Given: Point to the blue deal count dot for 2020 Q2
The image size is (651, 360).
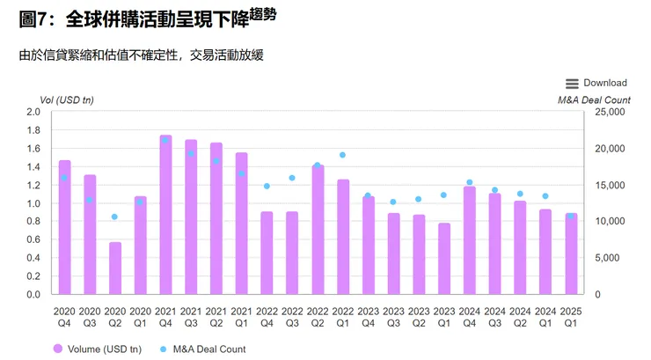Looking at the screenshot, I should (x=114, y=217).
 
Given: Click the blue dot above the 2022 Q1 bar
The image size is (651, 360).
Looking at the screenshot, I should (x=343, y=155).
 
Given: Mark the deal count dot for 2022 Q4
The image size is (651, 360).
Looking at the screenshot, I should (x=267, y=187).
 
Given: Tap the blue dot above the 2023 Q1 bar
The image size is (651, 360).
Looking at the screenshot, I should (x=444, y=195).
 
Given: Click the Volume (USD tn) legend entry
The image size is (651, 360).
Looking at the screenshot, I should (x=98, y=349).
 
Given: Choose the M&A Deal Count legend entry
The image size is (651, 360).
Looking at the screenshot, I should (x=201, y=349).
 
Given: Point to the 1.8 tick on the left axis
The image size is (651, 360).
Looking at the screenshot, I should (x=33, y=130).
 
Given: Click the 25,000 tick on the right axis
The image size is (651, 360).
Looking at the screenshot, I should (x=609, y=113).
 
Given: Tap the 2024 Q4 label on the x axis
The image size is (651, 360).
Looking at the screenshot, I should (x=470, y=316).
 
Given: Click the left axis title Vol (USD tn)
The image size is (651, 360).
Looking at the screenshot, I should (x=66, y=99).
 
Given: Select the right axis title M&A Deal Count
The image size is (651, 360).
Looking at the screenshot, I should (x=594, y=99).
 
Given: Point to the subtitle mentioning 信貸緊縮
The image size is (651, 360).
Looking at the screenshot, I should (x=142, y=55).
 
